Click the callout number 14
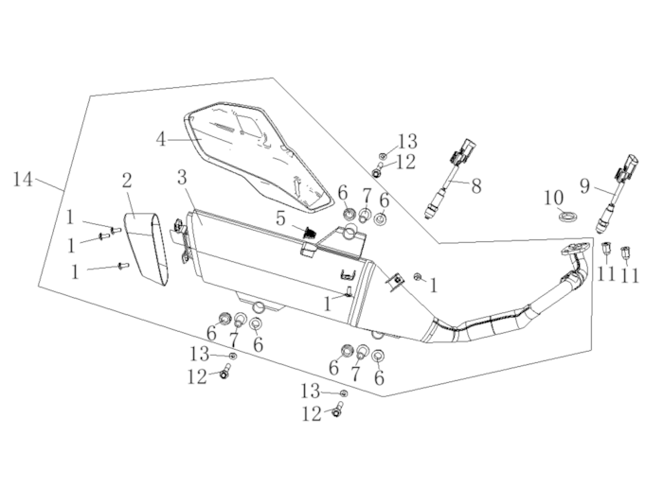23,179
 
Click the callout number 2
126,179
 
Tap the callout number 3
182,177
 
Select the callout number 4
162,139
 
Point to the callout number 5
280,218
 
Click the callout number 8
475,186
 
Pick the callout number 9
584,186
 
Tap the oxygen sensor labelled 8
450,180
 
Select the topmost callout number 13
406,141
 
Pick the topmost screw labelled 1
116,229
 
